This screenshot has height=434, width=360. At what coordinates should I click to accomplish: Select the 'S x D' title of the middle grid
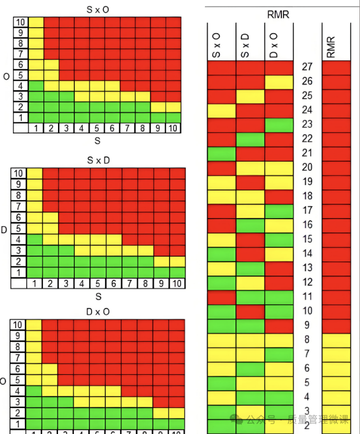(98, 161)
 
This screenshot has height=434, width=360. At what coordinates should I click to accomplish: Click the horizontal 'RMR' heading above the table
(279, 15)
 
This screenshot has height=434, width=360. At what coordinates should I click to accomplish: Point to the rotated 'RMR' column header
(331, 47)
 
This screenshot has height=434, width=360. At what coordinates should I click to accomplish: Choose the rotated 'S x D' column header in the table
(245, 44)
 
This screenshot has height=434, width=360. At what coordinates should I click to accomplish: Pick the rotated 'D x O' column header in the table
(274, 44)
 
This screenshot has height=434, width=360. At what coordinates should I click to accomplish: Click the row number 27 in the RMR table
(306, 67)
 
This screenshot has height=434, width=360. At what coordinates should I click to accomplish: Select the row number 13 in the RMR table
(306, 267)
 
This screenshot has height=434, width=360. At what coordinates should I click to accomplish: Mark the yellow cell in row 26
(279, 82)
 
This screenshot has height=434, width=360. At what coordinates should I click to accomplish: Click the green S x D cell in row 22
(250, 139)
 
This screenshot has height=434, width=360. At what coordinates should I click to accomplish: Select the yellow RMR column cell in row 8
(336, 340)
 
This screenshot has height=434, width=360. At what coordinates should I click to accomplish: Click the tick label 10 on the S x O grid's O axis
(21, 22)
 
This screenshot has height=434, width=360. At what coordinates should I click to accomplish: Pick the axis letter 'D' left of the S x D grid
(4, 229)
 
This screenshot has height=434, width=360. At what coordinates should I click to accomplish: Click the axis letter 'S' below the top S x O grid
(98, 141)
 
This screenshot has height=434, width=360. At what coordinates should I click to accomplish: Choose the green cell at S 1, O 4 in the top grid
(36, 86)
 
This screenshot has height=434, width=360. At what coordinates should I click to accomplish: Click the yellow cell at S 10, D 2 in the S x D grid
(177, 261)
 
